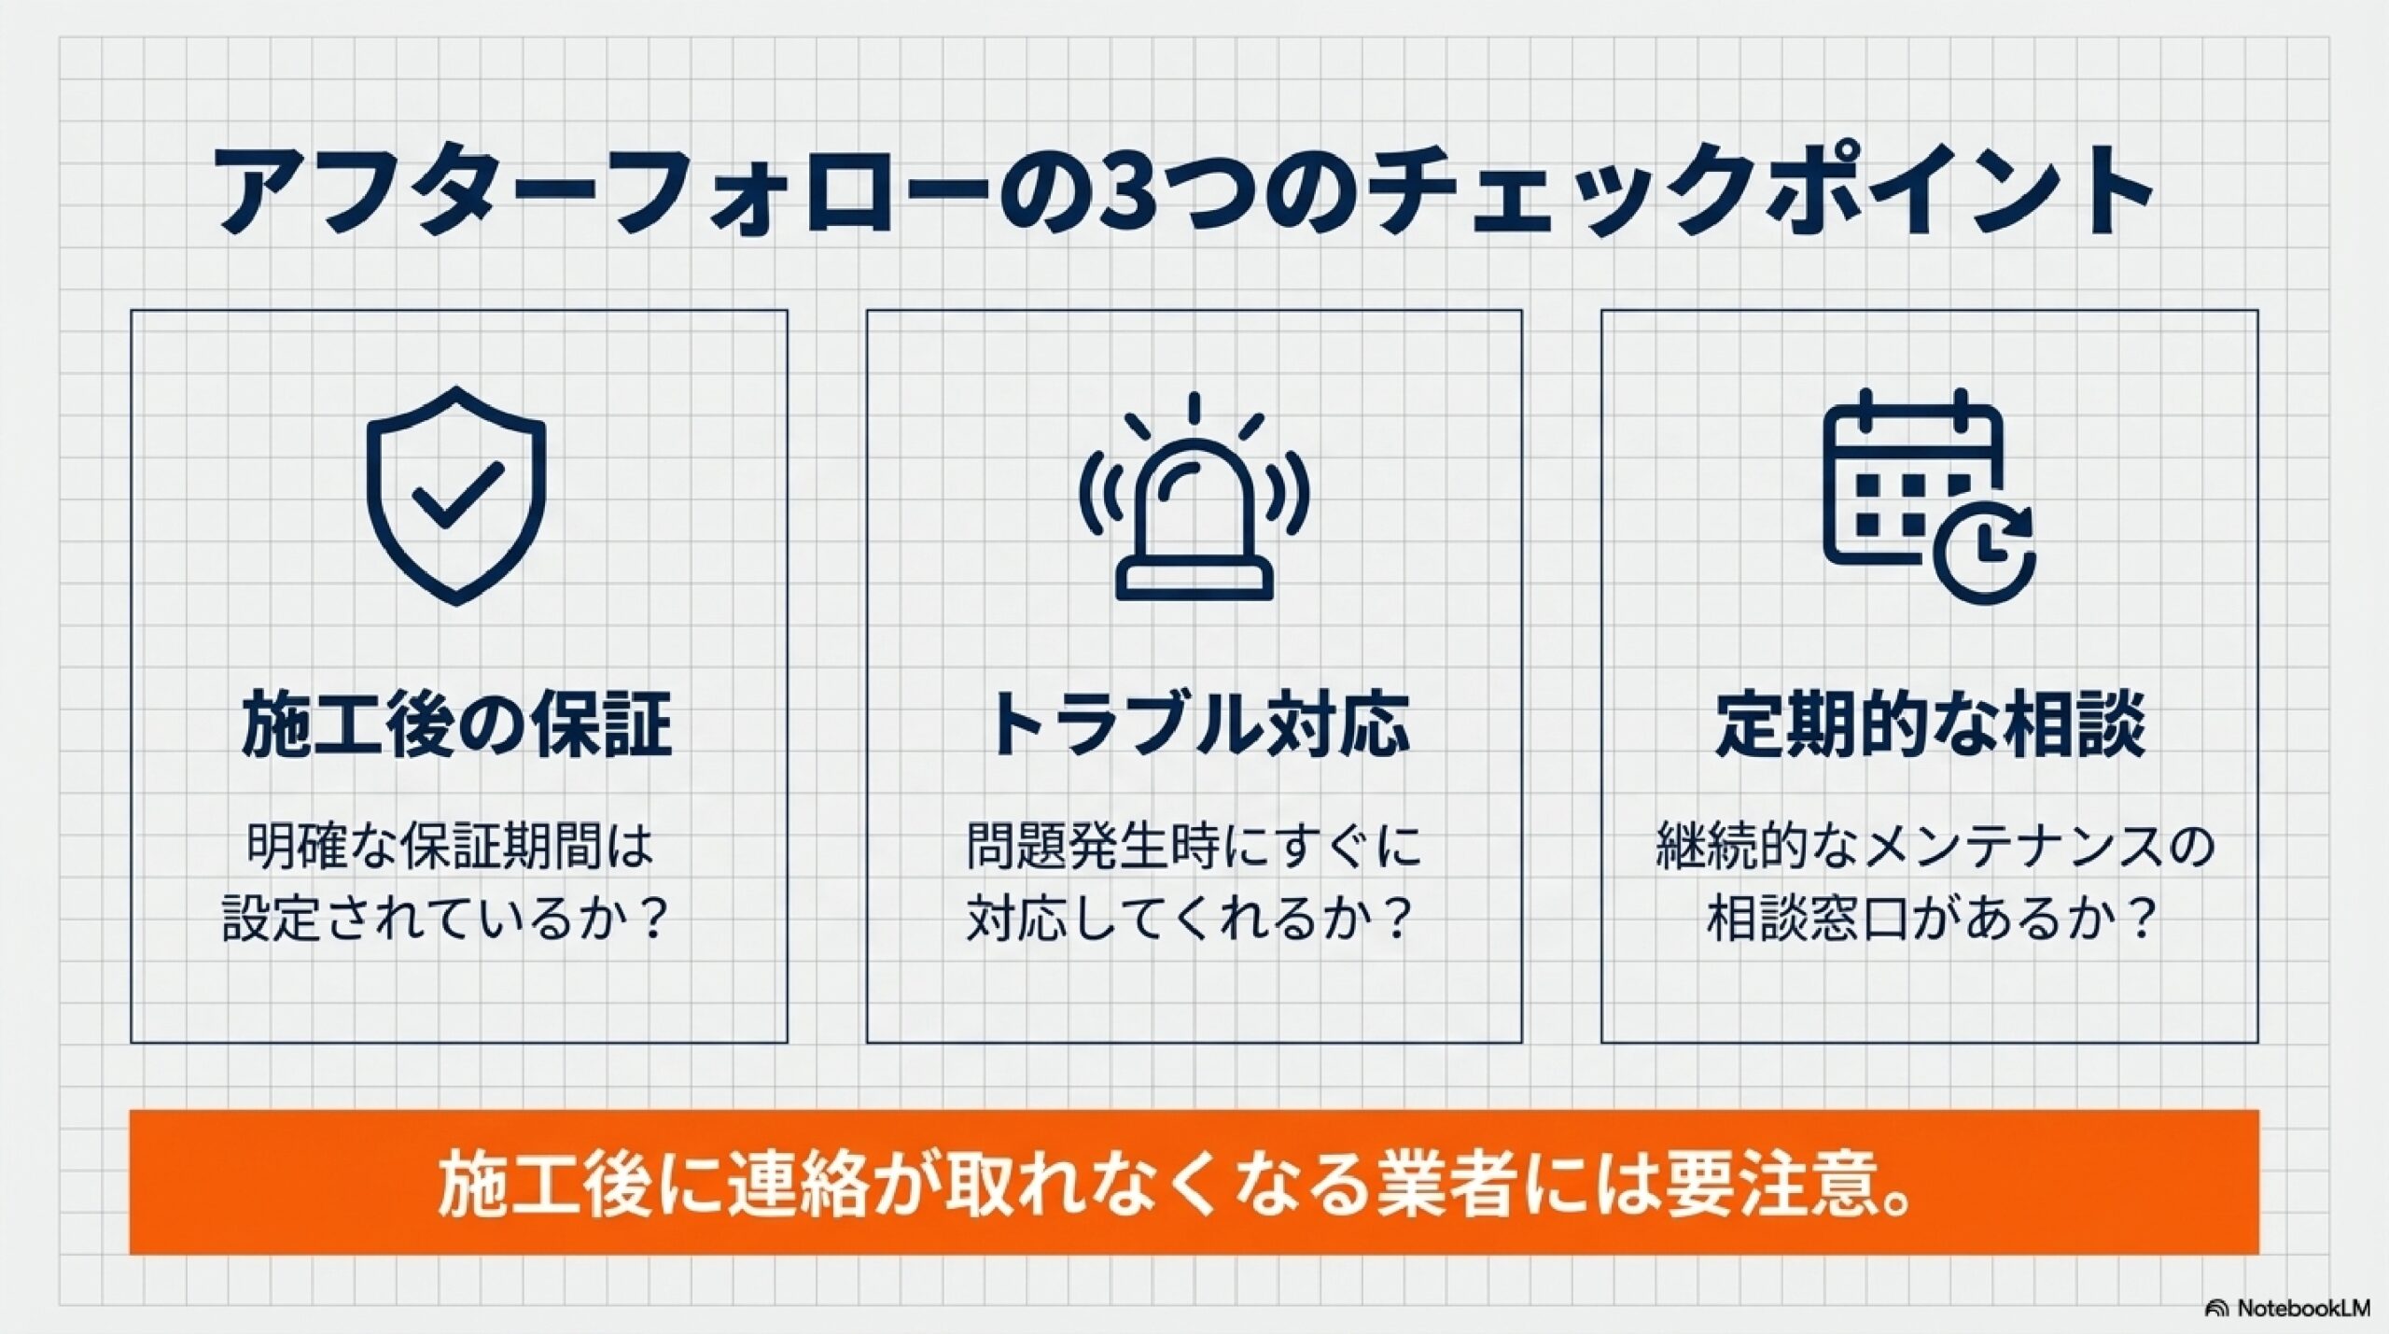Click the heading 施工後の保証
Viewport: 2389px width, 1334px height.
(457, 723)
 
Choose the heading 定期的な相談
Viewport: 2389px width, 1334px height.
(1931, 723)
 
